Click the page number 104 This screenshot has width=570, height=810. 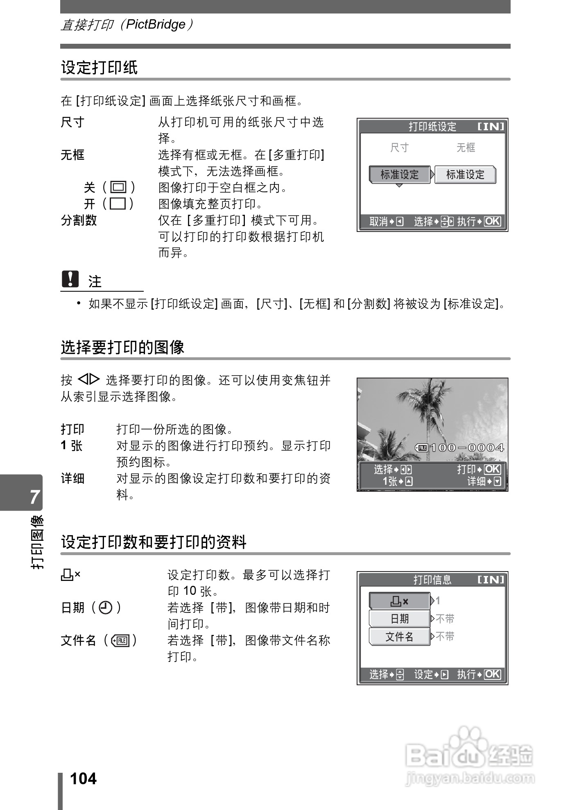coord(84,778)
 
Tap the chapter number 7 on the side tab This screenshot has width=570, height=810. coord(35,497)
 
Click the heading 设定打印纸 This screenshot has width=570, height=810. coord(100,67)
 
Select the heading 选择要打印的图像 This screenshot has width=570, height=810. coord(122,347)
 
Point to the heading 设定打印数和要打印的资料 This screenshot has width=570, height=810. coord(154,542)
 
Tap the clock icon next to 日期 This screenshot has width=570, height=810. coord(106,608)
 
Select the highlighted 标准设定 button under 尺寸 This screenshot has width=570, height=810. coord(399,175)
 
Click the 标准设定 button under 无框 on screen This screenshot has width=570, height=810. coord(465,175)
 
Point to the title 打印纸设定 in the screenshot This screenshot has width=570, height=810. coord(432,127)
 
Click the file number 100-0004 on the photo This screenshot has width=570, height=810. coord(466,448)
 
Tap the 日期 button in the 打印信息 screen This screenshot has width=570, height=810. coord(400,619)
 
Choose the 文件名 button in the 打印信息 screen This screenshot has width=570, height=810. coord(400,637)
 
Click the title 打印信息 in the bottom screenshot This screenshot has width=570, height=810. coord(432,580)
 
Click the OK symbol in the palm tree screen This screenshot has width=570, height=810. coord(493,469)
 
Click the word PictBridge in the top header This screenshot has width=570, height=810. coord(156,25)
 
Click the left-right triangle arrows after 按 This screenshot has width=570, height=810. coord(89,380)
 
